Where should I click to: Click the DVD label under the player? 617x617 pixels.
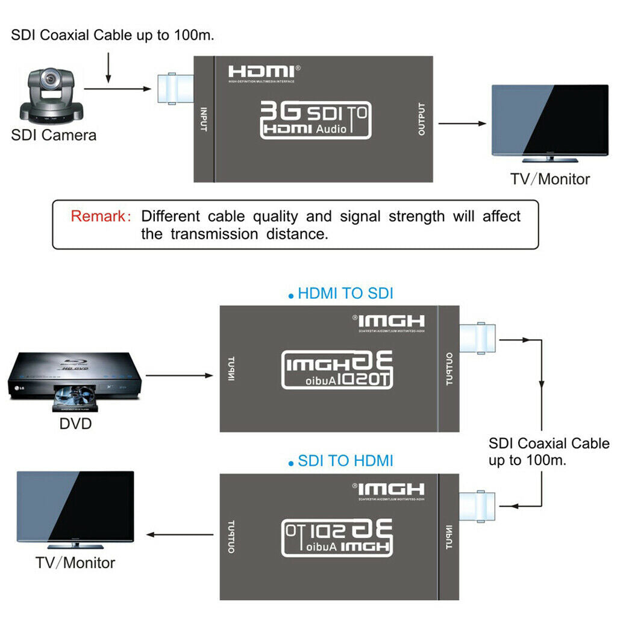coord(75,424)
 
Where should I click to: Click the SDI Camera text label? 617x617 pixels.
coord(54,135)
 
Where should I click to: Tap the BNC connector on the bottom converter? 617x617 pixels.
coord(478,507)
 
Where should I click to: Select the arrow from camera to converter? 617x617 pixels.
coord(117,89)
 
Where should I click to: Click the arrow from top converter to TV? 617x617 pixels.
coord(462,124)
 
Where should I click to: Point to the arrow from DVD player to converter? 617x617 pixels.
coord(180,375)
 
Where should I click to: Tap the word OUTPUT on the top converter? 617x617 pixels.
coord(421,119)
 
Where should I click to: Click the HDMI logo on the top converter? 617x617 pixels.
coord(261,71)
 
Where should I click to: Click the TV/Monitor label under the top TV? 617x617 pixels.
coord(550,179)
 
